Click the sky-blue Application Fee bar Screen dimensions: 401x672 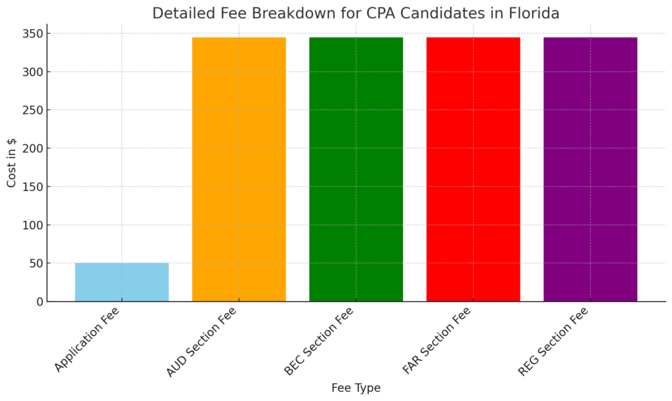tap(121, 282)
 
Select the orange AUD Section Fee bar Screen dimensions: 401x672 tap(239, 169)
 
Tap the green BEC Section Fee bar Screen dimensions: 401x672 tap(356, 169)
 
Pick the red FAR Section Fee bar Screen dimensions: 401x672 tap(473, 169)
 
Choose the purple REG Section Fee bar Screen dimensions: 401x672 tap(590, 169)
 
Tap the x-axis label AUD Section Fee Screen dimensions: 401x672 tap(201, 343)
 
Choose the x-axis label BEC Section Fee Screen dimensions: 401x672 tap(320, 343)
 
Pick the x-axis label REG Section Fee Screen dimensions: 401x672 tap(553, 343)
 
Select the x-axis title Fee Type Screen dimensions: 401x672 tap(356, 388)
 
